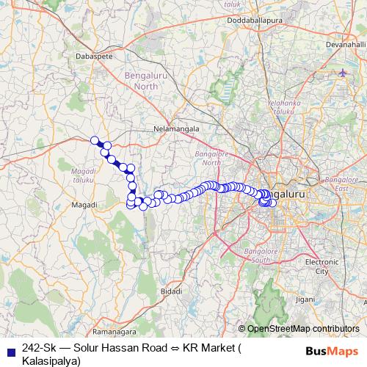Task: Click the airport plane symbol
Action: [x=344, y=73]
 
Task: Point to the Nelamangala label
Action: [x=175, y=128]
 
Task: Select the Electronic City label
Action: [x=321, y=266]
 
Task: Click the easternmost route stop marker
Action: [x=273, y=203]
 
